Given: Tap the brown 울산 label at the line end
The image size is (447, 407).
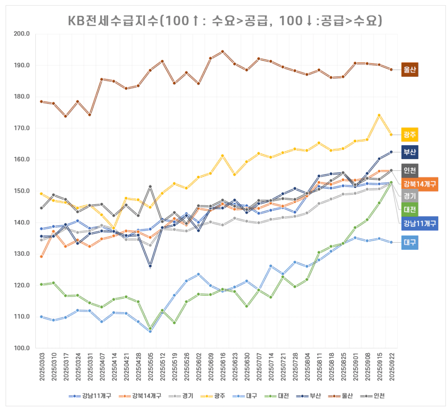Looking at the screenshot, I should tap(410, 70).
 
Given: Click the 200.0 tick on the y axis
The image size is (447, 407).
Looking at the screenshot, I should tap(22, 34).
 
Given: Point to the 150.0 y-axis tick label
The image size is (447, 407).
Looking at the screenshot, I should tap(22, 191).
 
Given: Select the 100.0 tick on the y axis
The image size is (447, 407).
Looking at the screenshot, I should tap(22, 348).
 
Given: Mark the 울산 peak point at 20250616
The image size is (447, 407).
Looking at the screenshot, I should tap(222, 51).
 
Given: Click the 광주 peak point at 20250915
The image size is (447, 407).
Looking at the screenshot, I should tap(379, 115).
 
